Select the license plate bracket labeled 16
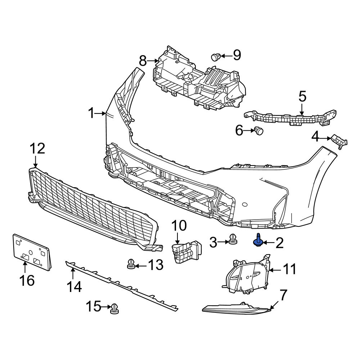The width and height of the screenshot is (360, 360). coord(32,252)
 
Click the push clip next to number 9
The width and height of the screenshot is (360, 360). coord(215,57)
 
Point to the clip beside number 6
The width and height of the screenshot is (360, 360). coord(259,131)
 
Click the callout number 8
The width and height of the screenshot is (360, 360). coord(143,61)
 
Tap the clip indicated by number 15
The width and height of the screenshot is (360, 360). coord(114,309)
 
